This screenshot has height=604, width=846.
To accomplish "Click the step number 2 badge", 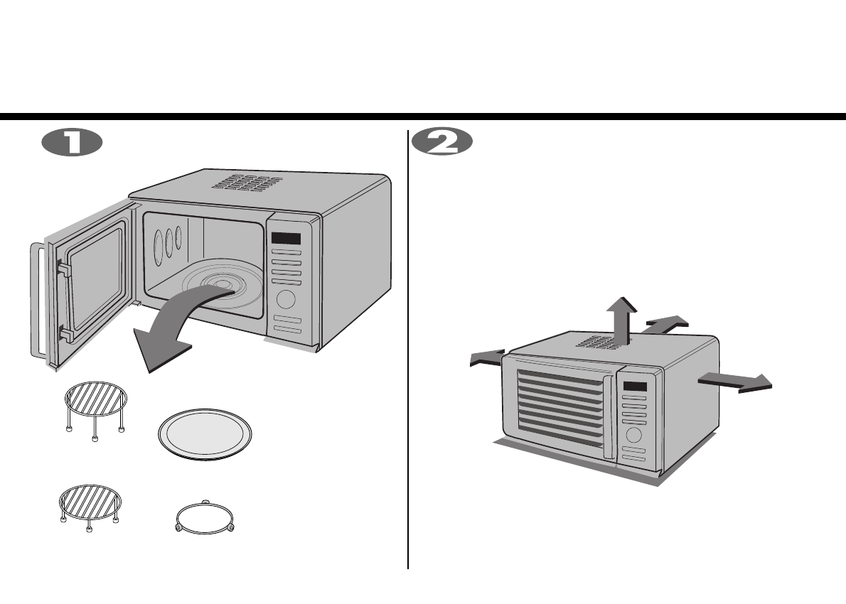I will click(442, 142).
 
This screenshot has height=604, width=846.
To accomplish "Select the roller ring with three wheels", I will click(205, 519).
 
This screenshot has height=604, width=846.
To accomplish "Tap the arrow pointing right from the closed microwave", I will click(736, 382).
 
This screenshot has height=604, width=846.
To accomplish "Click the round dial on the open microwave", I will click(287, 298).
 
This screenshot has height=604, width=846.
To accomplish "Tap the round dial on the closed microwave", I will click(635, 435).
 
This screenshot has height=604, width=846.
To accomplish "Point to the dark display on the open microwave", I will click(286, 239).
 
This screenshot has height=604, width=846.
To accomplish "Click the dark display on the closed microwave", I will click(636, 388).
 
